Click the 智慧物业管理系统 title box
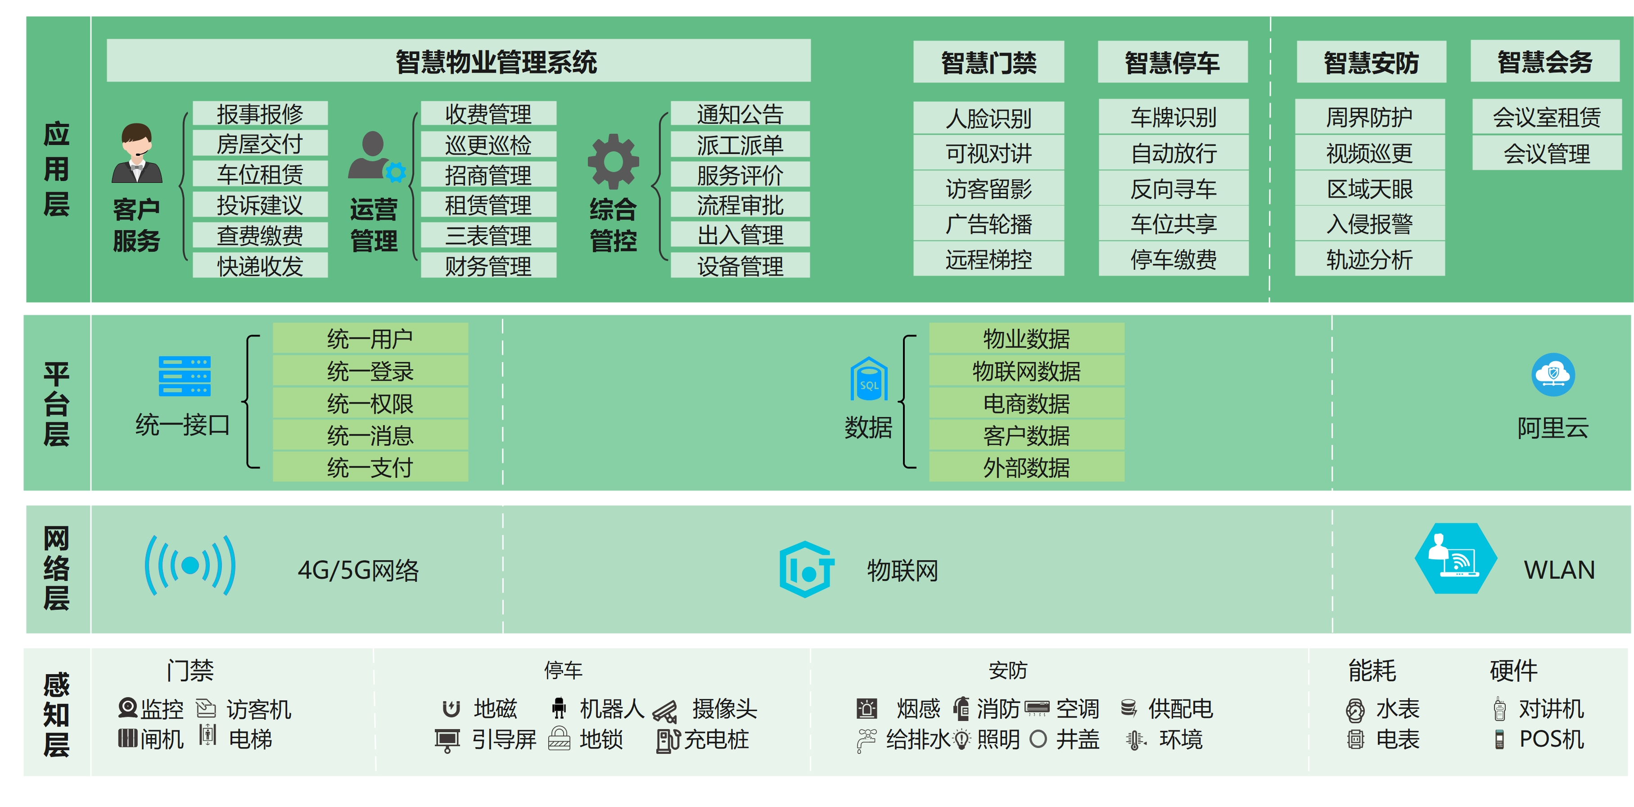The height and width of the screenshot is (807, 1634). tap(458, 61)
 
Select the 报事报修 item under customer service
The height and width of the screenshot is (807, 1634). tap(260, 114)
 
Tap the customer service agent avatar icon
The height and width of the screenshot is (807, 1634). tap(137, 154)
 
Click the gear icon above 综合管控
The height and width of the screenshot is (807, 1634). tap(613, 161)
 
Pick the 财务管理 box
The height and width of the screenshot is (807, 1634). tap(488, 266)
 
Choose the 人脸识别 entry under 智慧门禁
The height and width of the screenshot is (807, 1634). tap(988, 118)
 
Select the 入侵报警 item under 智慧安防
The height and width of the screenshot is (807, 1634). tap(1369, 224)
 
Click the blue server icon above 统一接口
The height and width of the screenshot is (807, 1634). tap(185, 376)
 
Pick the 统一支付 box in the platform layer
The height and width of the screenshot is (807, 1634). tap(370, 467)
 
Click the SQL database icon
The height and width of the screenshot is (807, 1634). tap(868, 379)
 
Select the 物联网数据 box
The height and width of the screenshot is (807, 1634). tap(1026, 371)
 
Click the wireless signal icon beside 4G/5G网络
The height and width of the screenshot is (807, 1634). tap(190, 565)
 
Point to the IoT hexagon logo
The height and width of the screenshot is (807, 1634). tap(806, 569)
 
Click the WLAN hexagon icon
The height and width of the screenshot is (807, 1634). tap(1456, 558)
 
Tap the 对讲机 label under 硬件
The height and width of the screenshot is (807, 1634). tap(1551, 709)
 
